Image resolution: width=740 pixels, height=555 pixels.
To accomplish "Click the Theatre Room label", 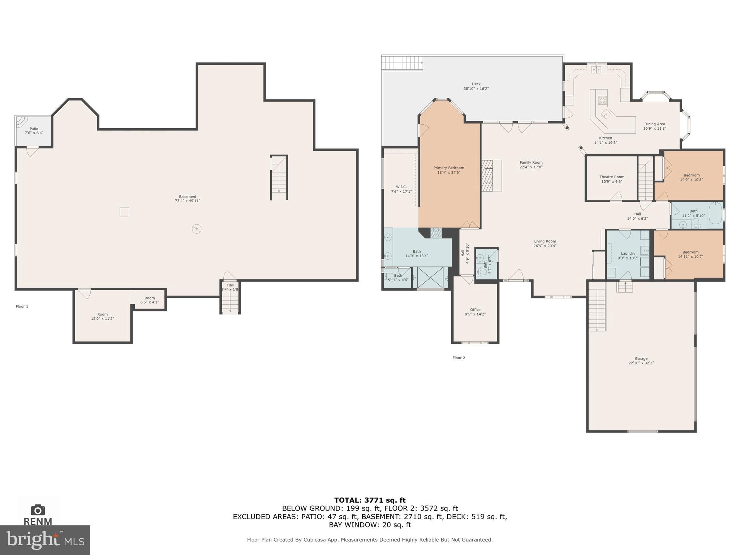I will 612,177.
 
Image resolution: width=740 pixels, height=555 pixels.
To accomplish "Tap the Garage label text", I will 641,358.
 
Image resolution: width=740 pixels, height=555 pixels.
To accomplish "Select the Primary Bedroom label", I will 449,168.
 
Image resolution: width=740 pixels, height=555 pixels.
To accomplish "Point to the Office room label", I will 475,310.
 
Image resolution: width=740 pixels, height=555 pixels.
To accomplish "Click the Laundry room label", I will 628,253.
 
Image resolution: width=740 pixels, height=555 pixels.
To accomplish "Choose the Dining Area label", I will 654,124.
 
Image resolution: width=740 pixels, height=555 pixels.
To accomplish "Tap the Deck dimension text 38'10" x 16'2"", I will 476,89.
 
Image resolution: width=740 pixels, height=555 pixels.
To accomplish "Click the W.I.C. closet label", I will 401,187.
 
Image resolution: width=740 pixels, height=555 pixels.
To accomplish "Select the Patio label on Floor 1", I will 34,129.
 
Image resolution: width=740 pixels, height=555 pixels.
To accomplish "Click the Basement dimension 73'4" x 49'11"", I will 188,201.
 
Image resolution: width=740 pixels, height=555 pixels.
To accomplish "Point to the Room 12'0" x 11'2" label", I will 102,317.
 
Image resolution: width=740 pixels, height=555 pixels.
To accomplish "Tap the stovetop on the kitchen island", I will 602,100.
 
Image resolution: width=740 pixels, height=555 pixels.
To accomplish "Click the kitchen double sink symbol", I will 596,69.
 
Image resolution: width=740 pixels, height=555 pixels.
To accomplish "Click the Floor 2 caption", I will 459,358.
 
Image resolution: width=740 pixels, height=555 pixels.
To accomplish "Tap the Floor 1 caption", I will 22,306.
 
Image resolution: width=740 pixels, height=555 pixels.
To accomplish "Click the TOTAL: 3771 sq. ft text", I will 370,500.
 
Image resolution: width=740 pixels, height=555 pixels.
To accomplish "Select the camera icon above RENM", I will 38,510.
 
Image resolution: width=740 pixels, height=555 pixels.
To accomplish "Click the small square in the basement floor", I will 124,212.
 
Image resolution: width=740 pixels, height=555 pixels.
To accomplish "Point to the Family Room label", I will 531,163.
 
